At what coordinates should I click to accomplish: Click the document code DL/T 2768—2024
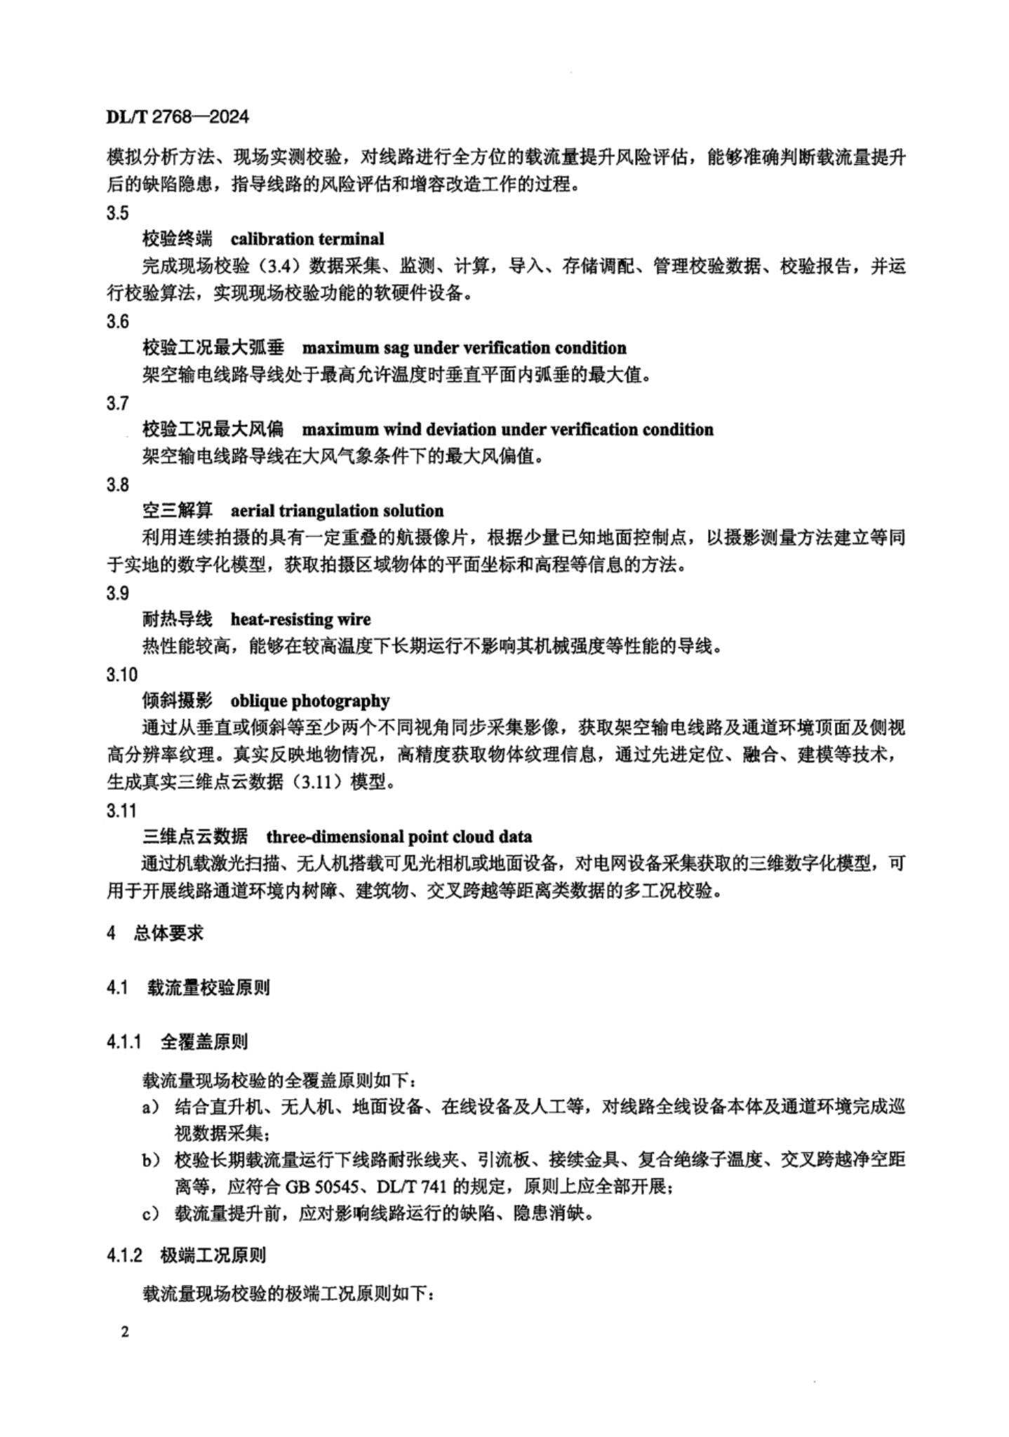click(x=178, y=116)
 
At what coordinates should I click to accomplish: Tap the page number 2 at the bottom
click(x=124, y=1332)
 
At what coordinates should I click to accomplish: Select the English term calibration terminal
click(x=307, y=239)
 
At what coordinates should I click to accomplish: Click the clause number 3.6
click(x=117, y=321)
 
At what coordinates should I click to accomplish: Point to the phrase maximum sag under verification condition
click(x=464, y=348)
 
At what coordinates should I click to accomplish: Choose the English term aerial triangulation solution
click(x=337, y=511)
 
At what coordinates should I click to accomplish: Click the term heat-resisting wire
click(x=300, y=619)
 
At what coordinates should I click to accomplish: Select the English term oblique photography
click(x=309, y=701)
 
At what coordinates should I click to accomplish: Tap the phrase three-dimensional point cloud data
click(x=399, y=837)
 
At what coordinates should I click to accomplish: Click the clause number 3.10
click(x=121, y=675)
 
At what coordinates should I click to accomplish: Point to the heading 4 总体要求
click(x=155, y=933)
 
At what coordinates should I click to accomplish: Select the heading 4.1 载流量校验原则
click(x=187, y=987)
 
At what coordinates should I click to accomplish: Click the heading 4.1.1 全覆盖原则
click(x=177, y=1042)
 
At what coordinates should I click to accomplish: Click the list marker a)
click(x=151, y=1107)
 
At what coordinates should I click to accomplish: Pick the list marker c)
click(x=151, y=1214)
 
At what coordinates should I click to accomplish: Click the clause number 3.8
click(x=117, y=484)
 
